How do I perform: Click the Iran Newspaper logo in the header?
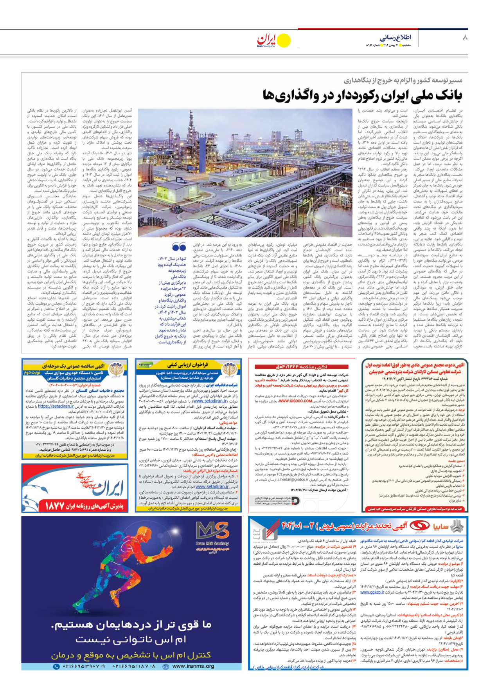(273, 40)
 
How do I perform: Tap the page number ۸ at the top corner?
(465, 38)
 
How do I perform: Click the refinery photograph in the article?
(245, 172)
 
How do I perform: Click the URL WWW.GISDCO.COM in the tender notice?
(295, 401)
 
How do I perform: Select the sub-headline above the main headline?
(403, 81)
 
